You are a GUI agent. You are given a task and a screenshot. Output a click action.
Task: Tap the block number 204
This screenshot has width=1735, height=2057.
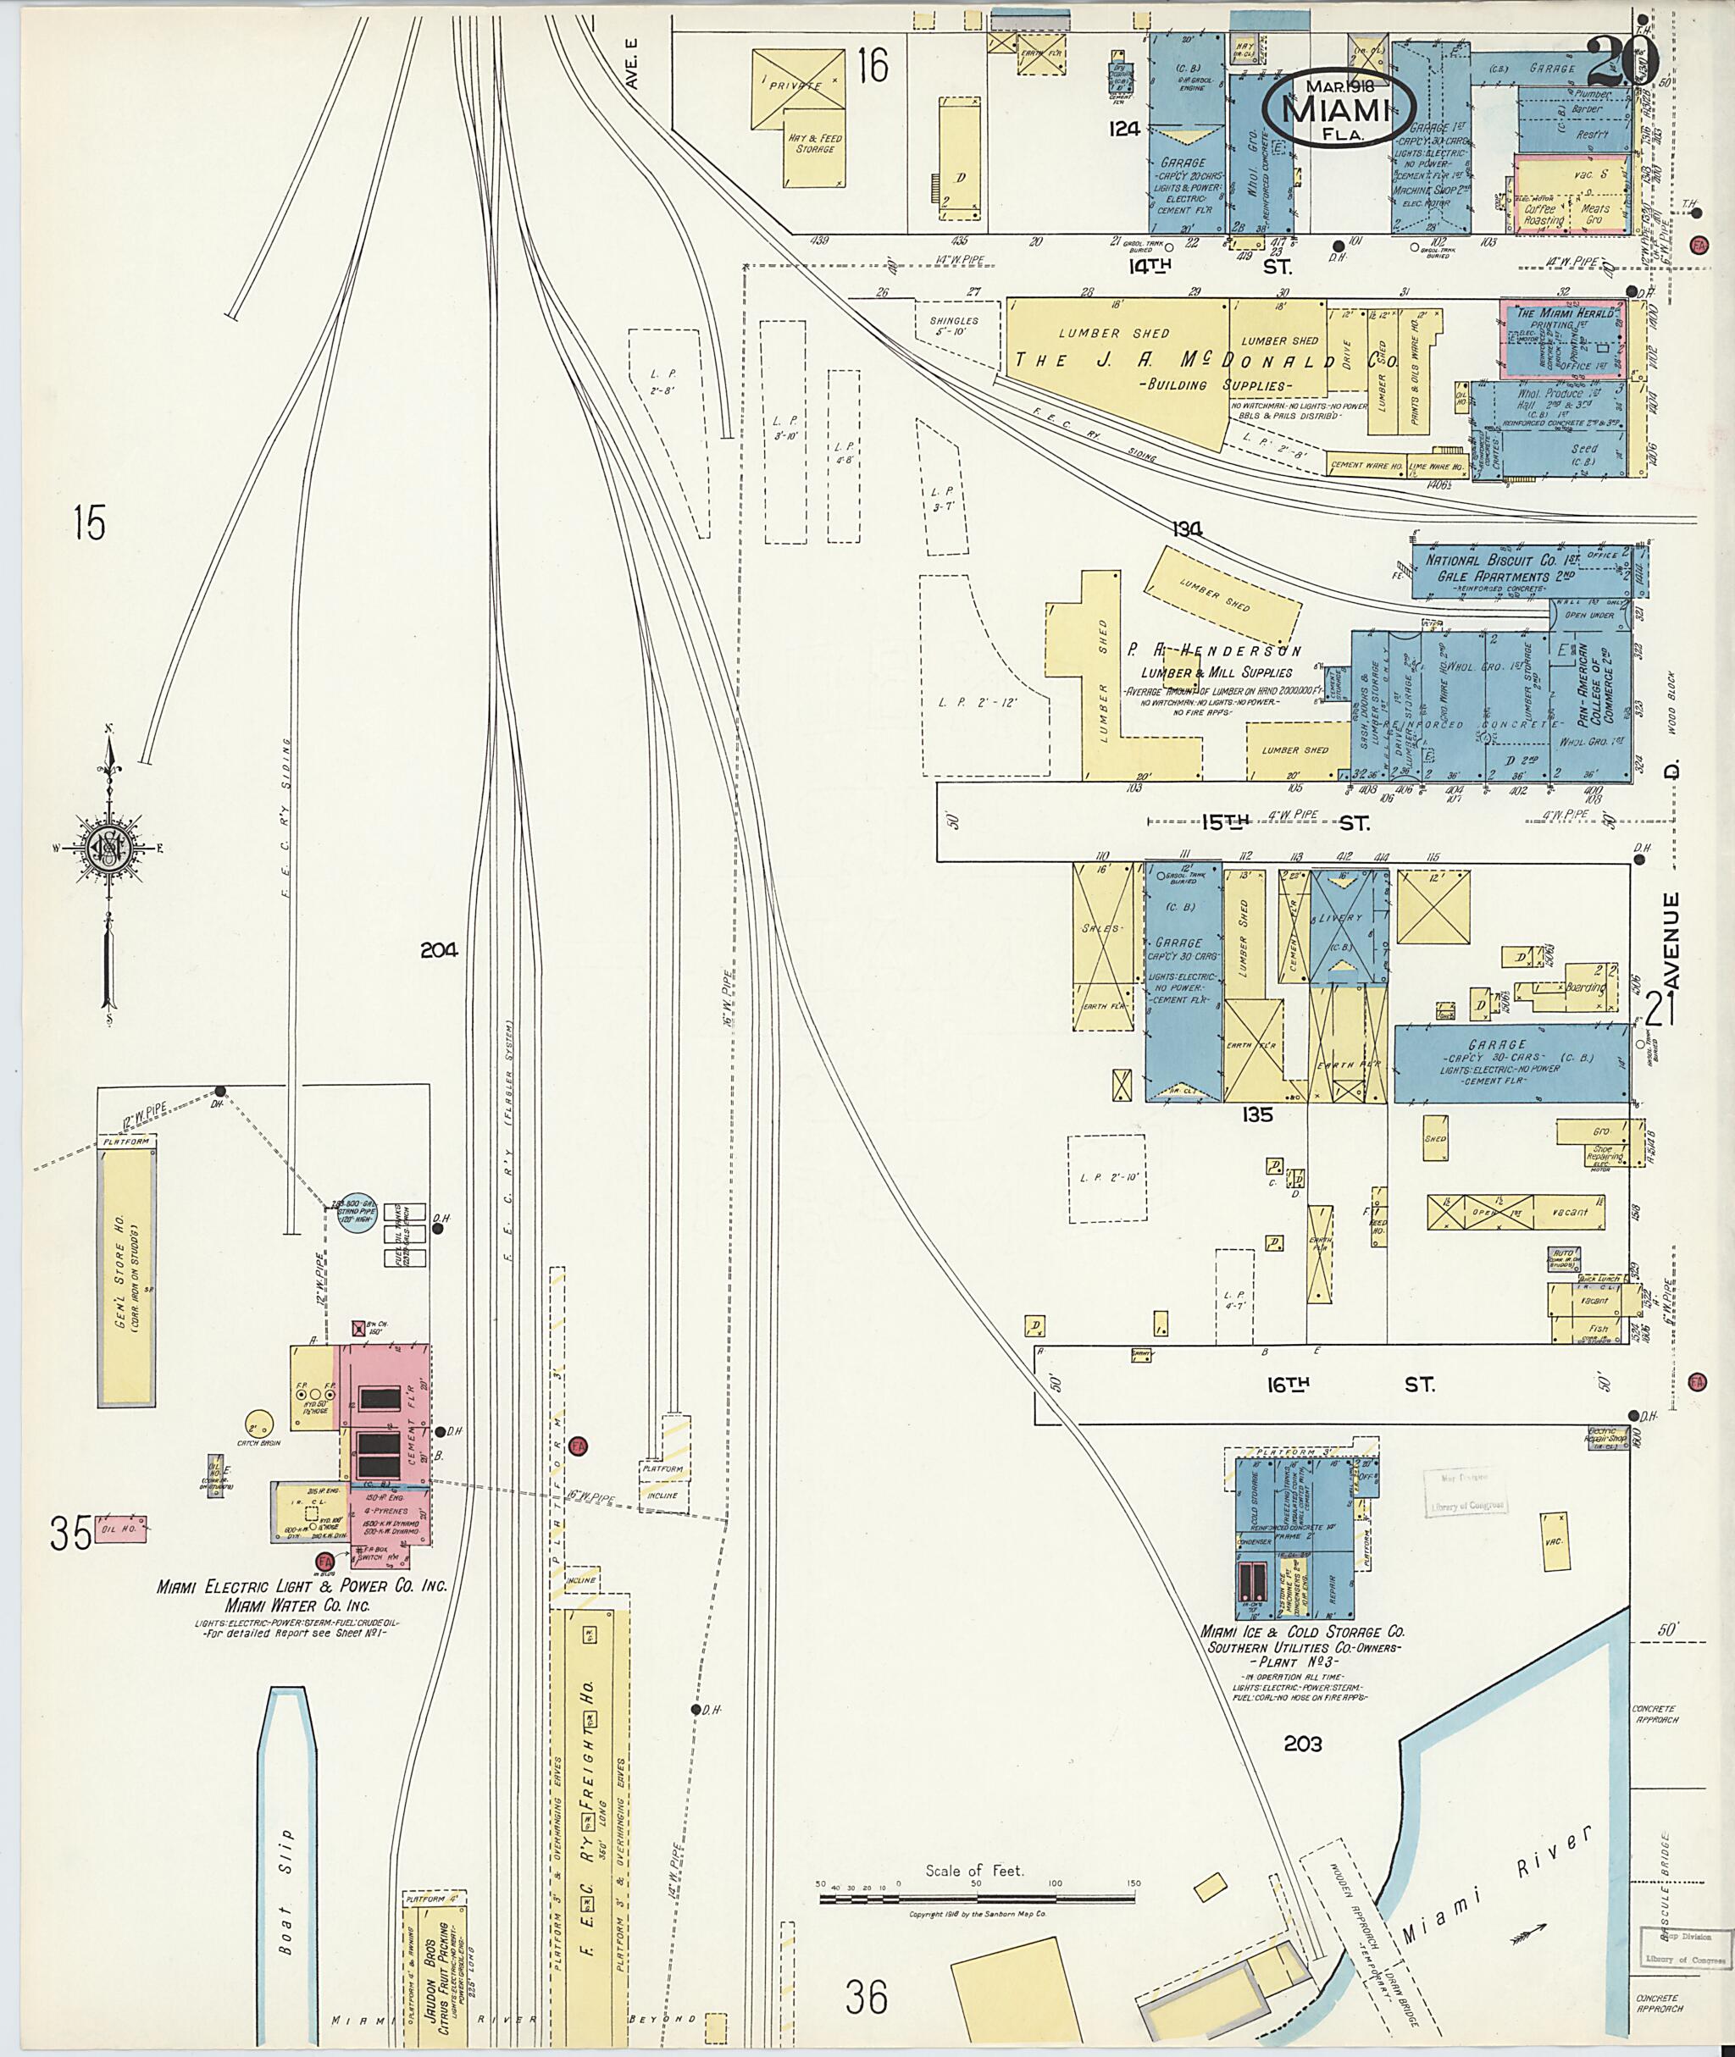coord(439,951)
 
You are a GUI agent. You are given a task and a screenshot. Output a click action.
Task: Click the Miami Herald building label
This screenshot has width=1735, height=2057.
coord(1565,313)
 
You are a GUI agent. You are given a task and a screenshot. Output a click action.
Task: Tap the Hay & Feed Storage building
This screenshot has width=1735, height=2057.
coord(814,146)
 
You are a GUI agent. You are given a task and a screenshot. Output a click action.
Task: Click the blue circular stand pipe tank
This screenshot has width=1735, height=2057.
coord(351,1213)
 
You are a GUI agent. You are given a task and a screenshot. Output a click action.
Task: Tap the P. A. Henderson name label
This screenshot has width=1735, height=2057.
coord(1215,651)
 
